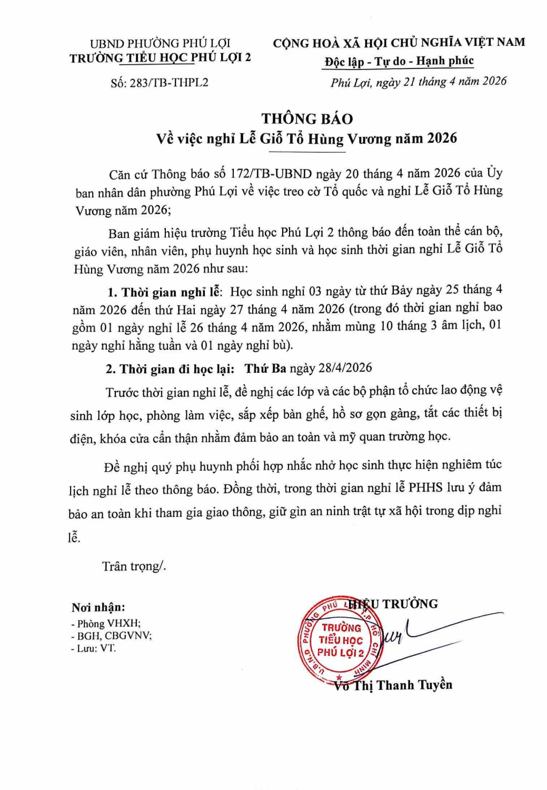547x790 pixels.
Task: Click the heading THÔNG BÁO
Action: coord(307,118)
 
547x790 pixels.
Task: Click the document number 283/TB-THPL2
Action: coord(169,83)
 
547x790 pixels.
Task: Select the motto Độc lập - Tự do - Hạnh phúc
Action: coord(399,62)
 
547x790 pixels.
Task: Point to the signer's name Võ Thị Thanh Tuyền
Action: coord(394,685)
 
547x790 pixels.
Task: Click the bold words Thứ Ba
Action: coord(265,368)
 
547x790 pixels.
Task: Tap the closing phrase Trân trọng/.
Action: coord(134,566)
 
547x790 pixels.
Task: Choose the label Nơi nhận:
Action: coord(98,607)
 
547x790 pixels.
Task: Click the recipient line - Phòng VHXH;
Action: coord(106,624)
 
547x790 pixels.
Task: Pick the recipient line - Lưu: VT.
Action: coord(93,648)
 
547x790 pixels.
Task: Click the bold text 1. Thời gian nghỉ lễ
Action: coord(165,292)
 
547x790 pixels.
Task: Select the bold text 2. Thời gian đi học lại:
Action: coord(170,369)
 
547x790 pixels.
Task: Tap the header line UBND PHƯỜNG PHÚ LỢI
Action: coord(160,43)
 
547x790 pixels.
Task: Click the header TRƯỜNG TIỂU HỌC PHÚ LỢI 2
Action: coord(160,57)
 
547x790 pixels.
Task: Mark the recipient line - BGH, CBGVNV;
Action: coord(112,636)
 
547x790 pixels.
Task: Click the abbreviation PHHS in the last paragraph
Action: coord(425,488)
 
